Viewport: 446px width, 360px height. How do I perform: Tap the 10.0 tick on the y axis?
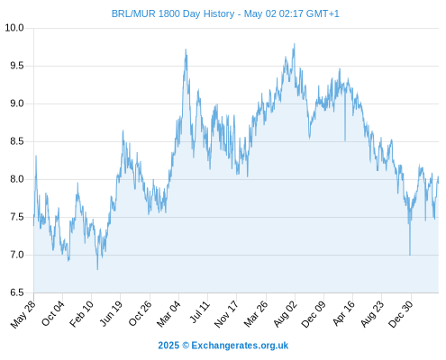(14, 28)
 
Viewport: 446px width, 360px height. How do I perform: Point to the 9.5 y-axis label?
(17, 66)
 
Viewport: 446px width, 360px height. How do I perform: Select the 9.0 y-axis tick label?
(17, 103)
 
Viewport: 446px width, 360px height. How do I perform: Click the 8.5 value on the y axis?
(17, 141)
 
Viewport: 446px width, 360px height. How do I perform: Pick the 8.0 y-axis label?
(17, 179)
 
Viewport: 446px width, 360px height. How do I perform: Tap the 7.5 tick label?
(17, 217)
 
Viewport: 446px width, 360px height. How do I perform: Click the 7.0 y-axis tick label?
(17, 255)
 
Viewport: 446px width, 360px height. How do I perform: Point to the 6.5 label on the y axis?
(17, 292)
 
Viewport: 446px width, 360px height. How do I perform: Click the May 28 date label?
(23, 314)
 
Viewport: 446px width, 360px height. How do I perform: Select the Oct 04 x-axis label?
(53, 313)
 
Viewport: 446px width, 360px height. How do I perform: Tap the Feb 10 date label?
(82, 313)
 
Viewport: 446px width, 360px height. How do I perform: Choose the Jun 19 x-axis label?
(111, 313)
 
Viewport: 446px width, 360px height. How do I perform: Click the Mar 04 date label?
(169, 313)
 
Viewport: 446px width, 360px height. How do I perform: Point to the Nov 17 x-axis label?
(227, 314)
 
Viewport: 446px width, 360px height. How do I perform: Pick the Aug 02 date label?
(286, 314)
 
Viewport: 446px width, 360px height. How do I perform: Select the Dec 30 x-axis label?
(401, 314)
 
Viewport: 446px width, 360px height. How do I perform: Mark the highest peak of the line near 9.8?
(295, 44)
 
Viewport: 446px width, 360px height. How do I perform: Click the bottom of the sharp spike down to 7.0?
(410, 255)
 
